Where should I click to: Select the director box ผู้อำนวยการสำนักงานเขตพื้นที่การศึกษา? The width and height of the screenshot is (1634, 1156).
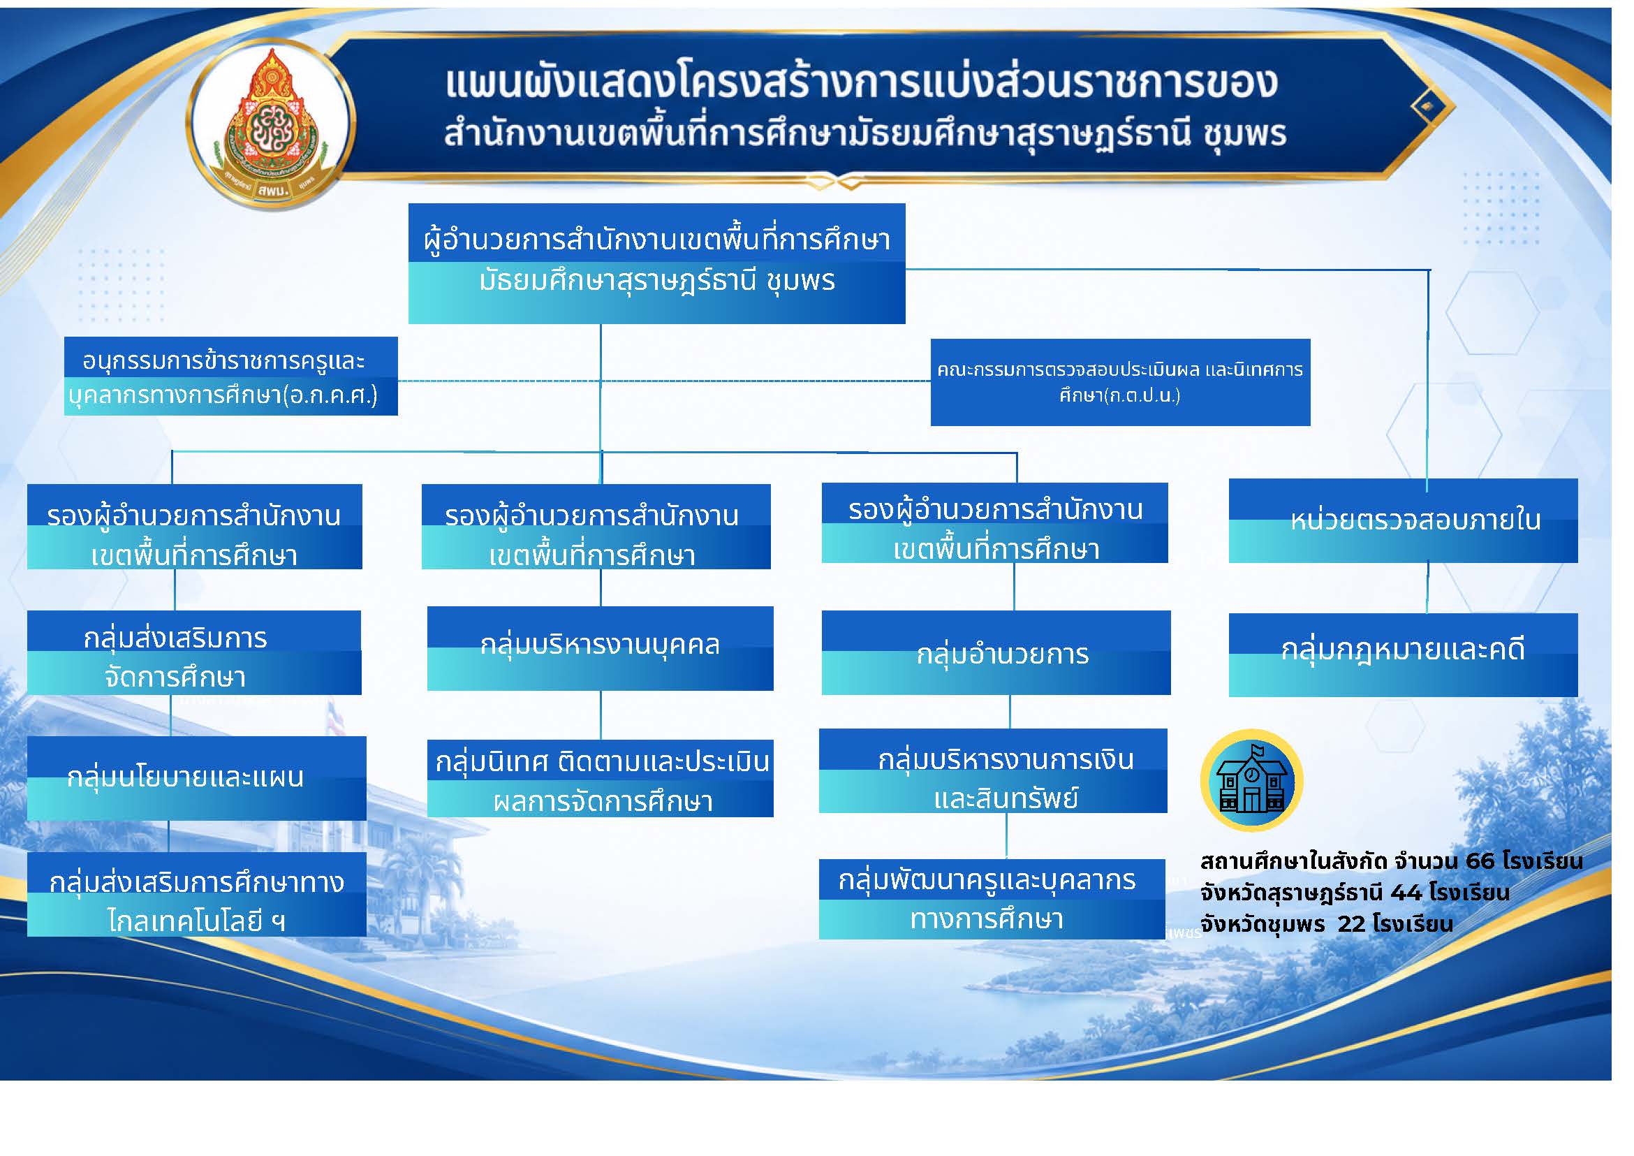656,263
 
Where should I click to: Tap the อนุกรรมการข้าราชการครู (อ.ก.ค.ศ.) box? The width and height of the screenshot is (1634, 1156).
230,376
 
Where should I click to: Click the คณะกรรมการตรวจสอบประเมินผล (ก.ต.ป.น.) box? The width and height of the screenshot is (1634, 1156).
1120,382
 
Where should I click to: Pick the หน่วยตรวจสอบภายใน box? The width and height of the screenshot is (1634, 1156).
1403,520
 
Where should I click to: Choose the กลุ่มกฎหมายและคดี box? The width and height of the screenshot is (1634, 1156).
1403,655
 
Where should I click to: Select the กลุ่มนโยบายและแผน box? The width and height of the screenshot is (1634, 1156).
196,778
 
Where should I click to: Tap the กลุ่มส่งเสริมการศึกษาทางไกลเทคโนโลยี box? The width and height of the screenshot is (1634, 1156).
196,895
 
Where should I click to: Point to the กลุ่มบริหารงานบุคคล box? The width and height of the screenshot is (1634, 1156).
600,648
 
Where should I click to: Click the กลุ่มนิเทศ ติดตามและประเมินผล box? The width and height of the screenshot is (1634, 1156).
600,779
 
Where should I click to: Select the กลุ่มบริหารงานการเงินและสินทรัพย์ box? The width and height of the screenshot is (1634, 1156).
993,771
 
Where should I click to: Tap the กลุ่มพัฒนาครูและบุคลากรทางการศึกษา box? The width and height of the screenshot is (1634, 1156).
992,899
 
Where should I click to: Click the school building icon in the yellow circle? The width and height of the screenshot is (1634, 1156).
1251,781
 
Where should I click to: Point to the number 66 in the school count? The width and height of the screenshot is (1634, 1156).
1480,861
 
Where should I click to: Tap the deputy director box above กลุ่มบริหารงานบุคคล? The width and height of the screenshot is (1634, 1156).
596,527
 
